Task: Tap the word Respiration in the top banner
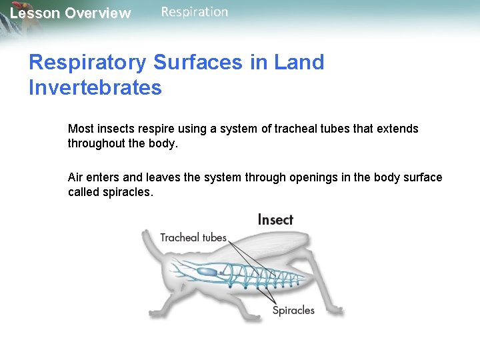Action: pos(195,12)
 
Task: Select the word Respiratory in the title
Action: pos(87,63)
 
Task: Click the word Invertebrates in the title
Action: pos(95,87)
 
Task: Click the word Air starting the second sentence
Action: pos(77,177)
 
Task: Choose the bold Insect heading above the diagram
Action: pos(275,219)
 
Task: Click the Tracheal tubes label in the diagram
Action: pos(193,237)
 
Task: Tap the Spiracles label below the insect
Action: pos(293,310)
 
